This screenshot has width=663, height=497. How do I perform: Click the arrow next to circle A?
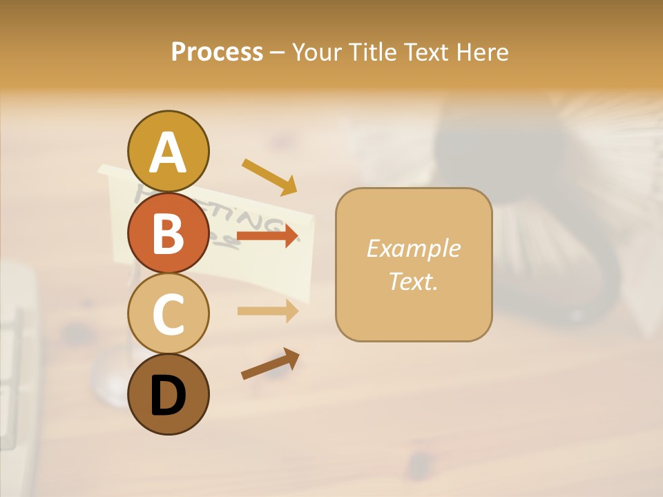(269, 176)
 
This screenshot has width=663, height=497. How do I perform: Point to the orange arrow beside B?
(267, 236)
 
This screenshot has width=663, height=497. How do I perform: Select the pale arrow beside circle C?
(267, 311)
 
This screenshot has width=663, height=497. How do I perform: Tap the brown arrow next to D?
(270, 363)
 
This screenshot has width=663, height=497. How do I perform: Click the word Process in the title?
(217, 52)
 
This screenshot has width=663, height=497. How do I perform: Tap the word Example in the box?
(413, 248)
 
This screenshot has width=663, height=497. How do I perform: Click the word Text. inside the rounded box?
(413, 281)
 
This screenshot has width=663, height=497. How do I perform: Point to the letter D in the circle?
(169, 396)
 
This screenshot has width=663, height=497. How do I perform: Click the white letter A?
(169, 153)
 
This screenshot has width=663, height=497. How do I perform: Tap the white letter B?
(169, 233)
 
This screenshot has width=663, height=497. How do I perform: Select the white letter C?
(169, 314)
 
